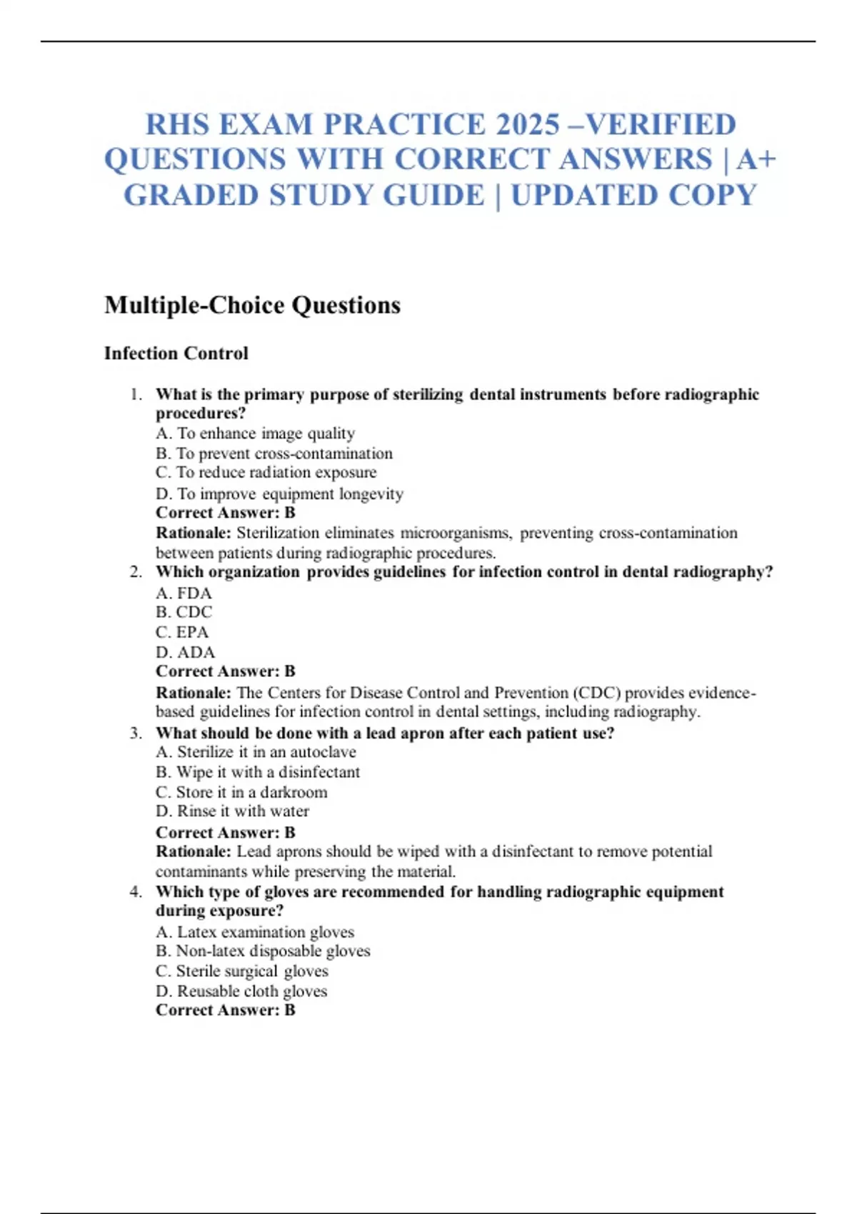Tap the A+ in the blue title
[756, 159]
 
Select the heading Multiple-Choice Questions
[252, 305]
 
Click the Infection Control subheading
[176, 353]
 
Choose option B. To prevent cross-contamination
[274, 453]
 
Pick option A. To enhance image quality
[255, 433]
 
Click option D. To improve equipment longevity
[279, 493]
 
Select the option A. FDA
[184, 593]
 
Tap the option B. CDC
[184, 612]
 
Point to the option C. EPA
[182, 632]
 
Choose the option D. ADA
[185, 652]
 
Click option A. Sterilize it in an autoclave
[256, 752]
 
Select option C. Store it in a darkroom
[241, 792]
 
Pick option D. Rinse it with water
[232, 811]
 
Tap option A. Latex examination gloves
[255, 932]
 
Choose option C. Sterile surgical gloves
[242, 971]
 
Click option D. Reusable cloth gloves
[241, 991]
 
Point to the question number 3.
[136, 733]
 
